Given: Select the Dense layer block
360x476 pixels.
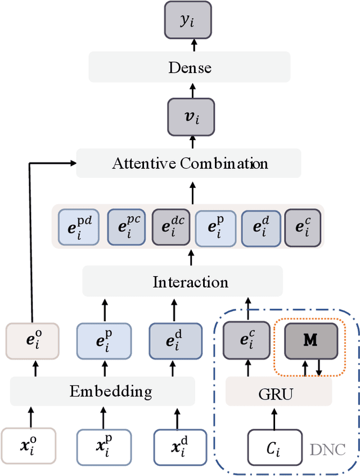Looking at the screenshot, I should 190,68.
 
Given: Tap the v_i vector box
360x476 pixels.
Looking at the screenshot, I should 191,117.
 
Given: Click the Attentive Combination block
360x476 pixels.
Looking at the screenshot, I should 189,164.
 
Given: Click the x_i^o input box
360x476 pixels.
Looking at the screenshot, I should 28,446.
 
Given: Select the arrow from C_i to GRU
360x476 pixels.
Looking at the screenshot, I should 275,417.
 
